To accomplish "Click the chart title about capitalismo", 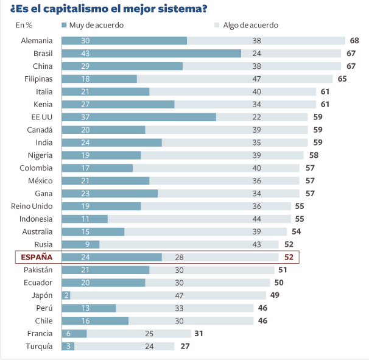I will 104,9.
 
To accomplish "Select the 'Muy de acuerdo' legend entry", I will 93,25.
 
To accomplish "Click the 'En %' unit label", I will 24,25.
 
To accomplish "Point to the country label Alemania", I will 37,41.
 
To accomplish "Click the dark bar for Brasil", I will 152,54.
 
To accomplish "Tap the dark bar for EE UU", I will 139,117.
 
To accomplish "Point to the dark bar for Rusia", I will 80,244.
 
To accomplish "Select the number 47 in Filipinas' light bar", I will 257,79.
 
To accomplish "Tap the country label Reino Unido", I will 32,206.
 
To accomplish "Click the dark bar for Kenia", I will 118,104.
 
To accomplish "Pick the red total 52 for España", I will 289,257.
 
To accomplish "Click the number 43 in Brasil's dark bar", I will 85,54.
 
